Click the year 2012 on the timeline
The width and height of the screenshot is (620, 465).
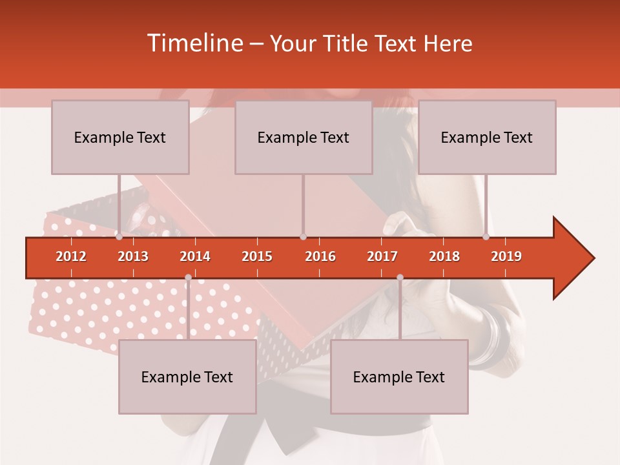(x=71, y=256)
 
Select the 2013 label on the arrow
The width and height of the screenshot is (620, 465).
(x=133, y=256)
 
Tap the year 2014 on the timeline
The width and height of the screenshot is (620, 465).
(x=195, y=256)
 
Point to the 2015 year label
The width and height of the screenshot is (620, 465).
(x=257, y=256)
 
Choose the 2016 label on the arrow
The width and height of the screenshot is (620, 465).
(x=320, y=256)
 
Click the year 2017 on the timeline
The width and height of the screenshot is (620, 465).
(x=382, y=256)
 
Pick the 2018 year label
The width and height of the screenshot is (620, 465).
(x=444, y=256)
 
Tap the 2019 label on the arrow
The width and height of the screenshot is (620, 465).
(x=506, y=256)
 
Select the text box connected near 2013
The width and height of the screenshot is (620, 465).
(x=120, y=137)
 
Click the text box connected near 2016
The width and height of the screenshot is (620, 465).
(x=304, y=137)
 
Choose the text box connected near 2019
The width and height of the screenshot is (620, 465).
(x=487, y=137)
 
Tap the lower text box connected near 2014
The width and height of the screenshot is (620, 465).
(x=187, y=377)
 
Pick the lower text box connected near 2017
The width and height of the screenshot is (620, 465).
(x=399, y=377)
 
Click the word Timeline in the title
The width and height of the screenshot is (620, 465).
(x=194, y=43)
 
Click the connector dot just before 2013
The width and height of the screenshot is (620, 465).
(x=119, y=237)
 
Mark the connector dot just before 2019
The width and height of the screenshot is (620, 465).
(x=486, y=237)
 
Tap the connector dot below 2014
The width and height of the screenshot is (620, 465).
(x=188, y=278)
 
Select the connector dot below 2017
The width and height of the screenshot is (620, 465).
(x=400, y=278)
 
